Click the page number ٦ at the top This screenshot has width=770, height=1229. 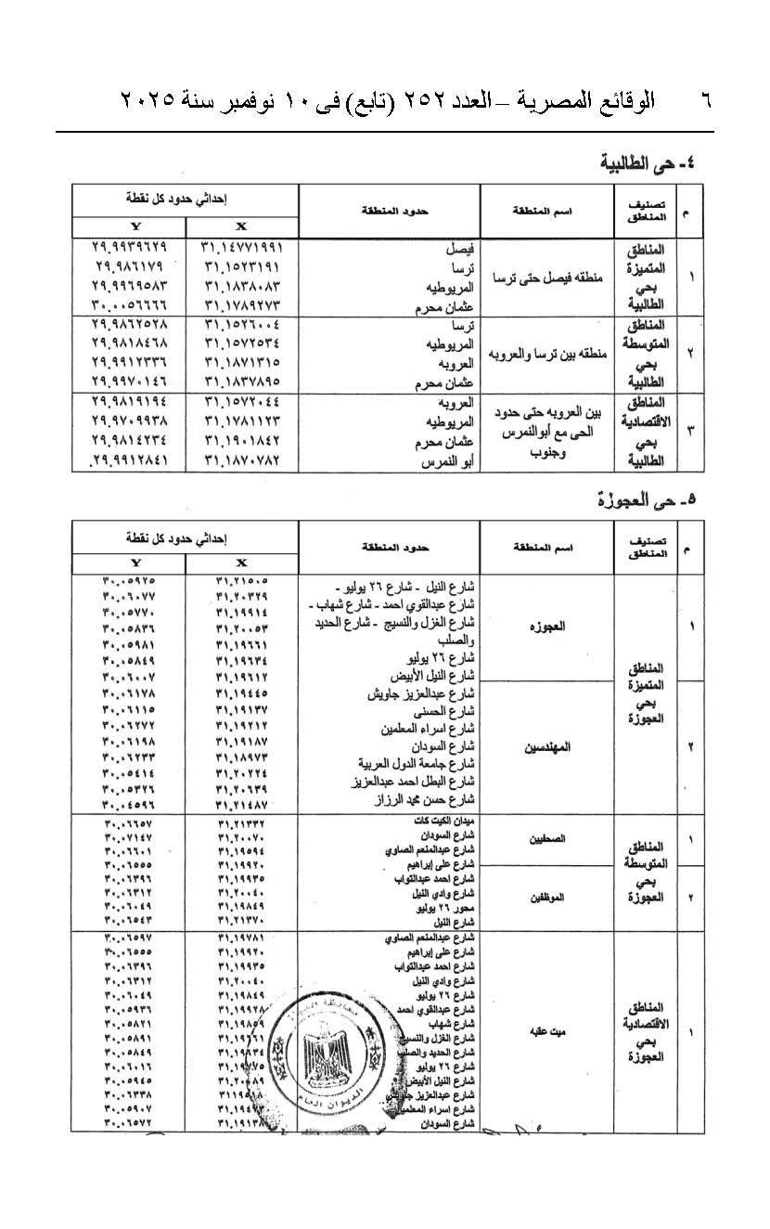click(702, 99)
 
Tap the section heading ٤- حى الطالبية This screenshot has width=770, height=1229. click(648, 164)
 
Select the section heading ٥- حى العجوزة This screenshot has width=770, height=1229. click(648, 501)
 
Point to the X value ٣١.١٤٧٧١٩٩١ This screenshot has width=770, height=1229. click(240, 250)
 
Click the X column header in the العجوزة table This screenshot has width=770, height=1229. click(241, 563)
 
